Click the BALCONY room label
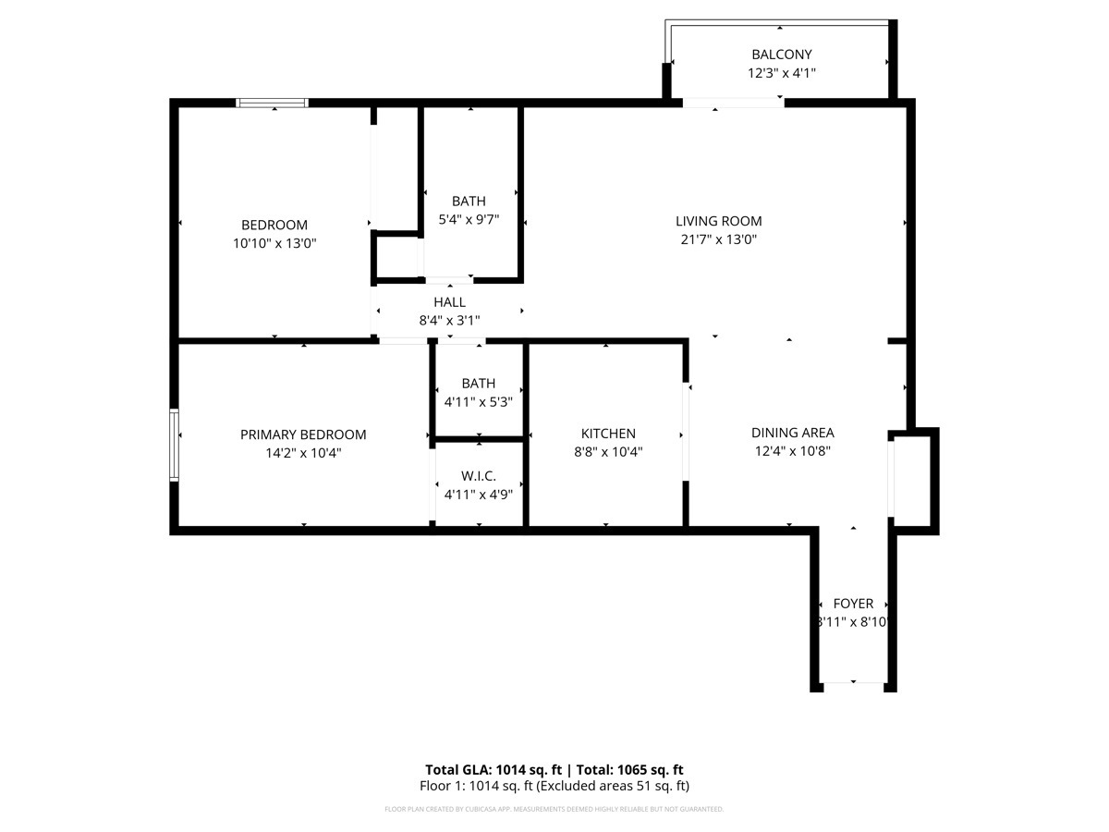[x=781, y=55]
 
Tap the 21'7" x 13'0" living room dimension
[x=718, y=239]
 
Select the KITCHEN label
[x=608, y=434]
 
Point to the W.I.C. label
[x=479, y=475]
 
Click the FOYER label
[x=853, y=604]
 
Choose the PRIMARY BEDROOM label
[x=303, y=434]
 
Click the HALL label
[x=449, y=302]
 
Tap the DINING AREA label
[x=792, y=433]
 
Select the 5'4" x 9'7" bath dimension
[x=469, y=220]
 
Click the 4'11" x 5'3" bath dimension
[x=479, y=402]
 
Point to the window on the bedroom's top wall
[x=273, y=103]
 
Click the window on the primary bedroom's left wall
[x=174, y=445]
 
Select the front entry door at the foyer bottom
[x=853, y=685]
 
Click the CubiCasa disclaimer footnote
[x=554, y=810]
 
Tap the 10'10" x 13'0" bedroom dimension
[x=274, y=243]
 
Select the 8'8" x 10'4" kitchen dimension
[x=608, y=452]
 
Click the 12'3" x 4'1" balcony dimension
[x=781, y=73]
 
